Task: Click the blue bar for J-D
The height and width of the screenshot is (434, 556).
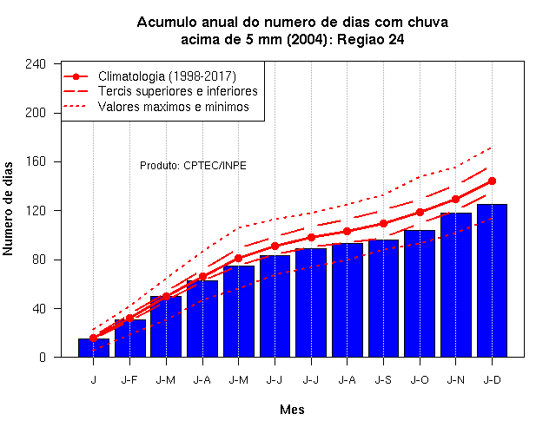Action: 492,280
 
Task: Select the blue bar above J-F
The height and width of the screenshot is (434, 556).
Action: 129,339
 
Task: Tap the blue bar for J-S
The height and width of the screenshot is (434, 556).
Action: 383,299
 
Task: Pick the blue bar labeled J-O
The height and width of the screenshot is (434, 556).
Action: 420,293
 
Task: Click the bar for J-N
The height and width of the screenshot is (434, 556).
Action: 455,286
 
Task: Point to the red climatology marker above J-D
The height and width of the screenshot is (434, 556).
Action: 492,181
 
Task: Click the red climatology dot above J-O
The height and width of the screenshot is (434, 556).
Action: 420,212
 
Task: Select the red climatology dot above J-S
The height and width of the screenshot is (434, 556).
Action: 383,224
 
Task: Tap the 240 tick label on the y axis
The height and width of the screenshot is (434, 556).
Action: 36,64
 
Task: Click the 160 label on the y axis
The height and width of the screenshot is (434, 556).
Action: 36,161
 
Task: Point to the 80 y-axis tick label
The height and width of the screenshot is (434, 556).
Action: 39,260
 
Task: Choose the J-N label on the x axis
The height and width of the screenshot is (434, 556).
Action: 455,380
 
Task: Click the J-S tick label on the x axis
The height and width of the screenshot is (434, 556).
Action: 383,380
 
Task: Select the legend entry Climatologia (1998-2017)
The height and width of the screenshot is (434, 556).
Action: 167,76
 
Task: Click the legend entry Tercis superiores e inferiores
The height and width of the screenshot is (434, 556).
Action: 178,91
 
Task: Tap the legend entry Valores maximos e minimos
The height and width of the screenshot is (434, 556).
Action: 174,107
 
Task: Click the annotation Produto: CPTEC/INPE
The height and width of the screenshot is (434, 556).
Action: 193,166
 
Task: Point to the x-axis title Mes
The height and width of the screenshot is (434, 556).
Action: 292,410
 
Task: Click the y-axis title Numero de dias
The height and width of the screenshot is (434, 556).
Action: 8,209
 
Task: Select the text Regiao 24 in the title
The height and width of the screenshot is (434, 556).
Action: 371,39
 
